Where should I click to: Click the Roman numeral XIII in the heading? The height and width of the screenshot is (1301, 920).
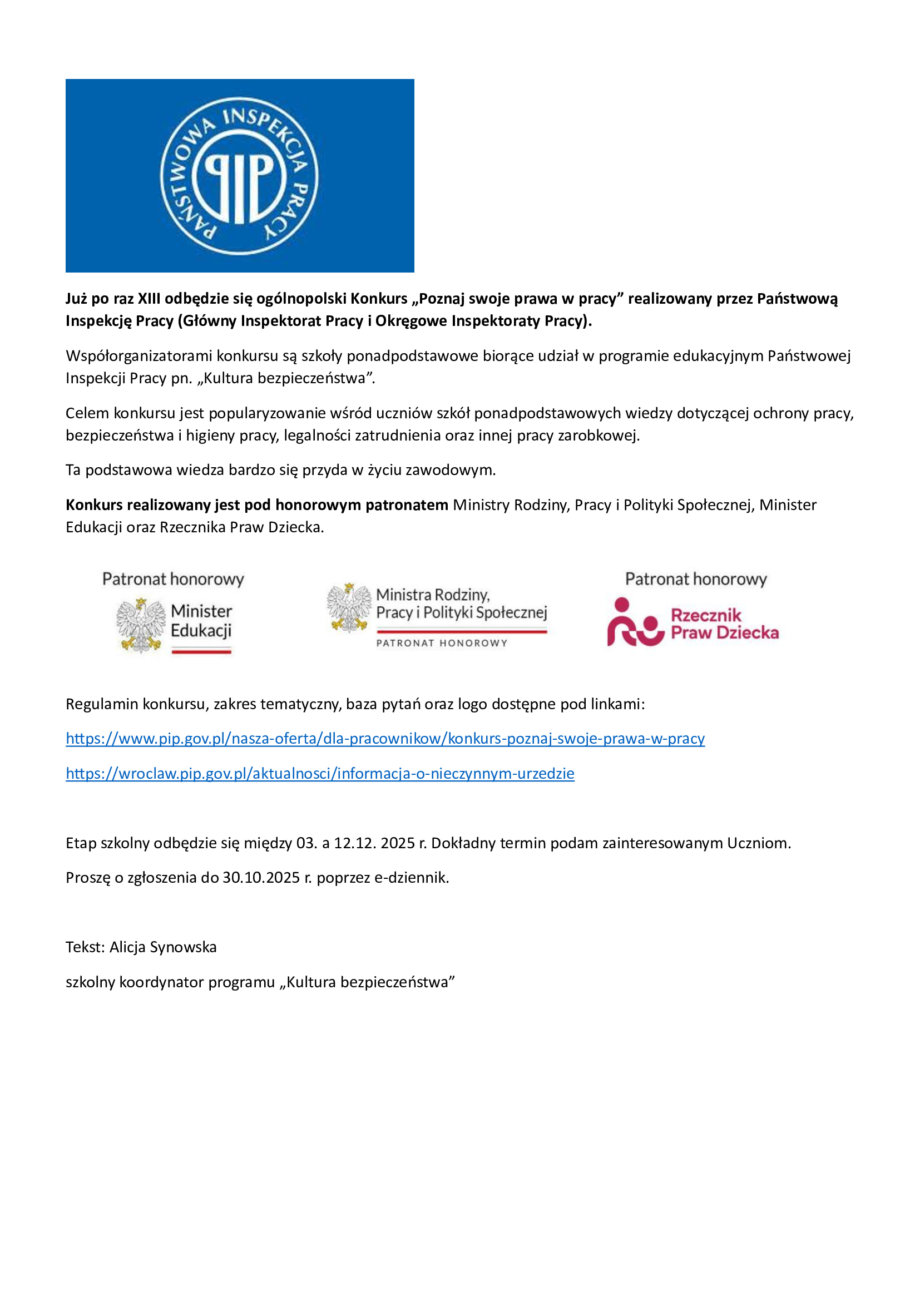click(149, 299)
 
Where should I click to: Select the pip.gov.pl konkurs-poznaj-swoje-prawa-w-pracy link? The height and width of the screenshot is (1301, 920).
click(385, 738)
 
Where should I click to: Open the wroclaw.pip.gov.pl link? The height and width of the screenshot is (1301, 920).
click(320, 774)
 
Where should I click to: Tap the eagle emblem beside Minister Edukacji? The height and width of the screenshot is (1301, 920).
click(140, 625)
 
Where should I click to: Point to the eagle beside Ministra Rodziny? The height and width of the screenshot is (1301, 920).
click(348, 607)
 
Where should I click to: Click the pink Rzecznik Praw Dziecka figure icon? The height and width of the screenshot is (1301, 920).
click(635, 623)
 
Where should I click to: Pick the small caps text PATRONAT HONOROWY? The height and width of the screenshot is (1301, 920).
click(442, 643)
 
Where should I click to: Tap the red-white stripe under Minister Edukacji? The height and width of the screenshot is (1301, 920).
click(201, 651)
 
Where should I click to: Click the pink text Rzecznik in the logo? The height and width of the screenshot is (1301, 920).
click(706, 615)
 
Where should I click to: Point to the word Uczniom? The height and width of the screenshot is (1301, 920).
click(759, 843)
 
